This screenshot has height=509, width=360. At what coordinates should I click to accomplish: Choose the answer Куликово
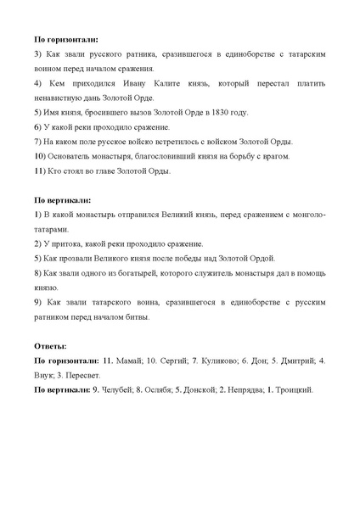tap(216, 361)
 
